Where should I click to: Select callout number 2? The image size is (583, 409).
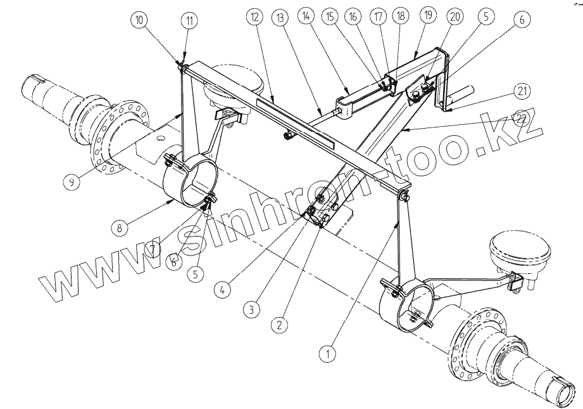277,325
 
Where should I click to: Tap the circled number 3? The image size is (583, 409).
251,309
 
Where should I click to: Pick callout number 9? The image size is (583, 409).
73,183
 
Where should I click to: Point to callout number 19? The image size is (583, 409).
427,16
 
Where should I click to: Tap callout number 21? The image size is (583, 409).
520,91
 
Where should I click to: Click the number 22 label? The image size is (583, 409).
520,118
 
